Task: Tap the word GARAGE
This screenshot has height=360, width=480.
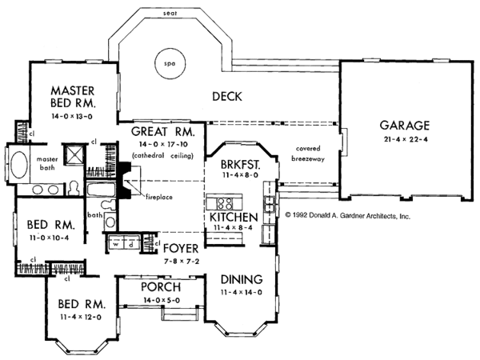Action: click(404, 126)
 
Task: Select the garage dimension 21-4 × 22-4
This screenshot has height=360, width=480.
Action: click(406, 139)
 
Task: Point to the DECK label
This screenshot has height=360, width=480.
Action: click(227, 97)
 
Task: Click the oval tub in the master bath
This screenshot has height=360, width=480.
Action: click(19, 164)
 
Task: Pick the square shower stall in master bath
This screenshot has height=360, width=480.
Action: click(74, 154)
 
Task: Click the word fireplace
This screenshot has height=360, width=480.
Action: click(159, 197)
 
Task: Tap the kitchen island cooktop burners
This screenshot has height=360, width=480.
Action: click(225, 203)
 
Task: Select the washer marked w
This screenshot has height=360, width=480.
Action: click(116, 244)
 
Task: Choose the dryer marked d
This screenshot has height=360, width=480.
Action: click(130, 244)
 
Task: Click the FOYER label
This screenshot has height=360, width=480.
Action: click(181, 248)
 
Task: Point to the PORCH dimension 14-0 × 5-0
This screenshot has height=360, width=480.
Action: click(162, 300)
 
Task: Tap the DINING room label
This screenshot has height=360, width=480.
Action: click(242, 279)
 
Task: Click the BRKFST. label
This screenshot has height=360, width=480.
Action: click(241, 164)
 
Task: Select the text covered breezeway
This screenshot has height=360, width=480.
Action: click(308, 154)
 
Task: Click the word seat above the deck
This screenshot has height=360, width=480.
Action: click(170, 13)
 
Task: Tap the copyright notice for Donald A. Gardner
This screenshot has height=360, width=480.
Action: click(347, 215)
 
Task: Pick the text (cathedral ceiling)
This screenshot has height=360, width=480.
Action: click(163, 155)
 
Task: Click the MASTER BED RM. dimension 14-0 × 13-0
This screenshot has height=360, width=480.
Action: click(72, 116)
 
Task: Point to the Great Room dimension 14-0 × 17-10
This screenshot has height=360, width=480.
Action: click(163, 144)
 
